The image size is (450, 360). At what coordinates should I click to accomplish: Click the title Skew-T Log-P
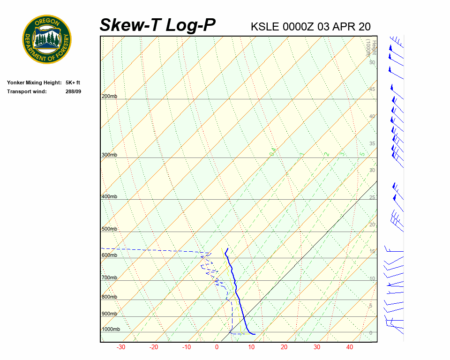point(158,25)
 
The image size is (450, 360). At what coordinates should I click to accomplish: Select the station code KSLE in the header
point(265,27)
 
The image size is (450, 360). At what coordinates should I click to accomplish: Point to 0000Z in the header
point(299,27)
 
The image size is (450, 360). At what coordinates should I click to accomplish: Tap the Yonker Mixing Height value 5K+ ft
point(73,82)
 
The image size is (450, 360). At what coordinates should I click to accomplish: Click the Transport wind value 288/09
point(73,91)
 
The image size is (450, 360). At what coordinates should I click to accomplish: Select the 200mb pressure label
point(109,96)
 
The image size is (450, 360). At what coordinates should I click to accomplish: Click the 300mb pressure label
point(109,155)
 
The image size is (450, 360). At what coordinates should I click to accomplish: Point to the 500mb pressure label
point(109,229)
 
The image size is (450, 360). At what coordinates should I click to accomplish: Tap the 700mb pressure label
point(109,278)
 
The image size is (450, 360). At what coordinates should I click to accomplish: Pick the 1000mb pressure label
point(111,330)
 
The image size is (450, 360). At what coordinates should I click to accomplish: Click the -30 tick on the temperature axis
point(120,347)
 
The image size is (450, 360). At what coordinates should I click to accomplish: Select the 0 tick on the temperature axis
point(217,347)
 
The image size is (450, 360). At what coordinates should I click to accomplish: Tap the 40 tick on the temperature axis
point(350,347)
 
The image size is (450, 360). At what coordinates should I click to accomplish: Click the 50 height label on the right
point(372,62)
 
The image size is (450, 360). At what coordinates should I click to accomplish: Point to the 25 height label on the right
point(372,198)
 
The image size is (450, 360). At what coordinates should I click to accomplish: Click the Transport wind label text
point(27,91)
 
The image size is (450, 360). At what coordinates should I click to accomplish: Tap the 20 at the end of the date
point(364,27)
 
